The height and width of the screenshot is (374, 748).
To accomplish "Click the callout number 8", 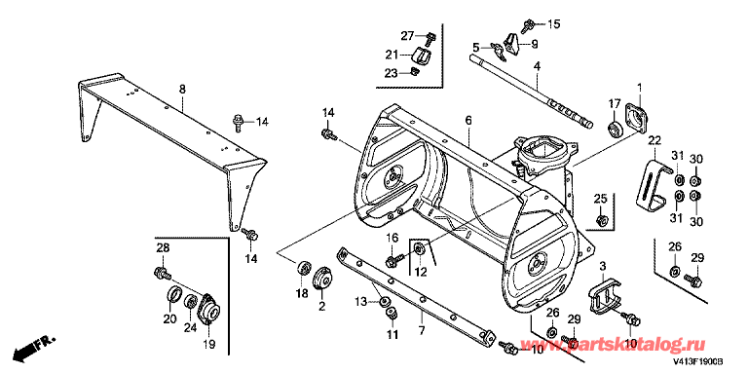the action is point(182,90).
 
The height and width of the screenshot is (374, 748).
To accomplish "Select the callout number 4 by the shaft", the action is point(537,67).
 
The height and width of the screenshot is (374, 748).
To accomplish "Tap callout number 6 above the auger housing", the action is point(468,120).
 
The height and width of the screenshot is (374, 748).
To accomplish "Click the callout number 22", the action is point(654,140).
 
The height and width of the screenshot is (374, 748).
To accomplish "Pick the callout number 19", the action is point(210,344).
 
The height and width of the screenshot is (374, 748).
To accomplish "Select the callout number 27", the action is point(407,36).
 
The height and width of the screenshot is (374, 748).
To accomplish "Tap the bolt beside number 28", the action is point(162,274).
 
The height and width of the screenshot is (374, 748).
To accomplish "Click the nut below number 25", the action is point(601,220).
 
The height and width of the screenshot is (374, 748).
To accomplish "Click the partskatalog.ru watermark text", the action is point(633,345).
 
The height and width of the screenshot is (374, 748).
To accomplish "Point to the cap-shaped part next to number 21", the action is point(421,56).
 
